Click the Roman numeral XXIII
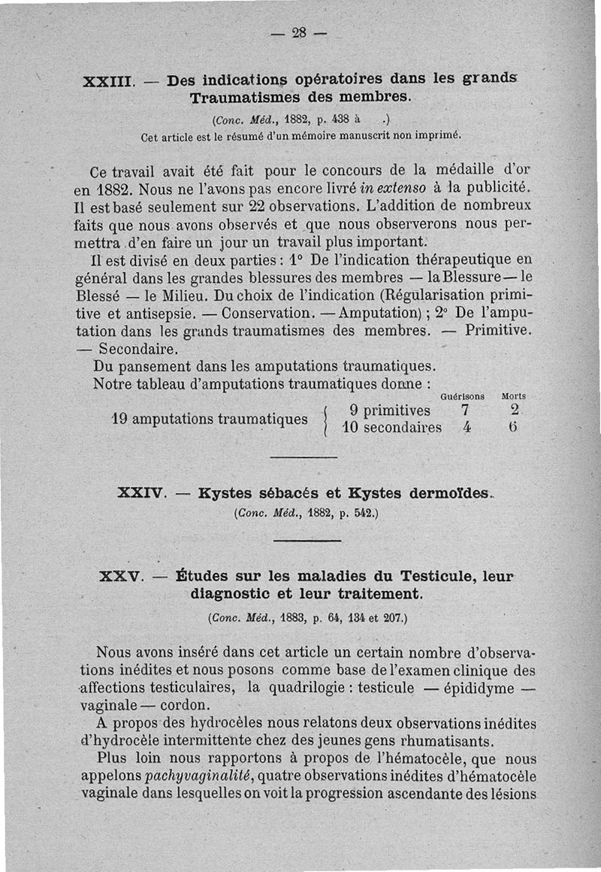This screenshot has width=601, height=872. pos(109,82)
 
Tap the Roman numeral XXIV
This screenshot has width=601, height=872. pos(141,494)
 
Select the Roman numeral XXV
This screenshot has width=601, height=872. pos(120,577)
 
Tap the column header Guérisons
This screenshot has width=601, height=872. pos(462,395)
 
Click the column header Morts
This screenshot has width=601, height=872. pos(515,395)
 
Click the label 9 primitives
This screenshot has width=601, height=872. pos(390,410)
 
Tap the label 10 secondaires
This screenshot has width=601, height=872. pos(391,428)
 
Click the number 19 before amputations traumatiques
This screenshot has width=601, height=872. pos(119,419)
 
